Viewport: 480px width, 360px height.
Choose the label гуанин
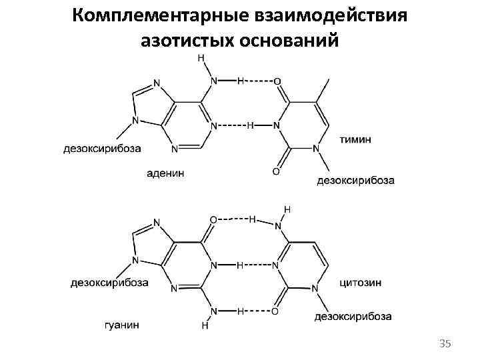tap(122, 325)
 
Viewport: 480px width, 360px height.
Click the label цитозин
tap(361, 282)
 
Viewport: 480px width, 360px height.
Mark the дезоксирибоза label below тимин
tap(355, 180)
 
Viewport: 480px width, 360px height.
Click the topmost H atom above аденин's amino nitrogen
tap(201, 59)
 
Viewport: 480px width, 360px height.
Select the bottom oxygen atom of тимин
tap(277, 171)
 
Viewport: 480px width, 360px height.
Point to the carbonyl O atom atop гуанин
tap(213, 219)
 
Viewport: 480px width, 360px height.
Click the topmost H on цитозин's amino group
tap(287, 209)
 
